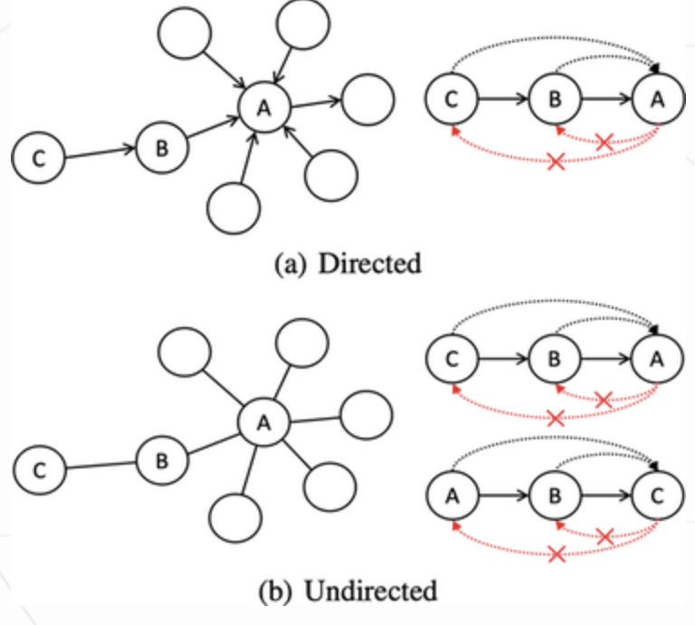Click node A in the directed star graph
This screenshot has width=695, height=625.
(263, 108)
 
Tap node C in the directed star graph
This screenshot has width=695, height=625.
(37, 159)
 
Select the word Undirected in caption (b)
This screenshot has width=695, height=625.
(371, 592)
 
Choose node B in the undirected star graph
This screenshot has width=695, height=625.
(161, 461)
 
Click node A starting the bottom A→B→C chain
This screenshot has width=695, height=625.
(451, 495)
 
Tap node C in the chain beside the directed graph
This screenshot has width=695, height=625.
(451, 100)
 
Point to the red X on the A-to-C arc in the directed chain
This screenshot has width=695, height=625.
(557, 161)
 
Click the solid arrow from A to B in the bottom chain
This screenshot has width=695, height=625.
(501, 495)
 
